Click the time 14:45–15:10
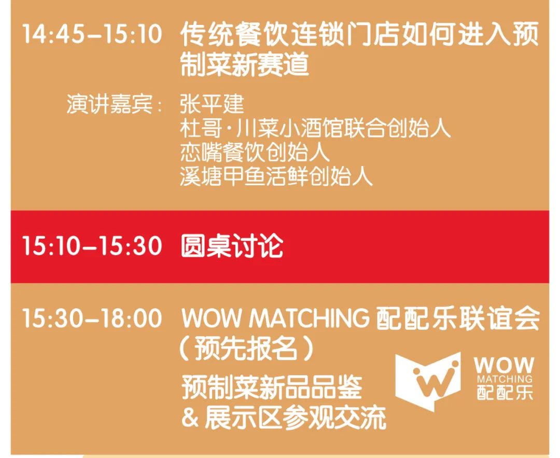tap(92, 34)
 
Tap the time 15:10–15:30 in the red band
tap(92, 246)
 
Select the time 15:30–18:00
tap(92, 318)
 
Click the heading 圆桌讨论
tap(232, 246)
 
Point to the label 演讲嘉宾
tap(109, 104)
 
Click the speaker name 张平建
tap(212, 104)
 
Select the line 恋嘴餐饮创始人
tap(255, 152)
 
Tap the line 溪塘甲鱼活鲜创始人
tap(276, 176)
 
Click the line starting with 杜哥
tap(315, 128)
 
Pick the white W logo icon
tap(428, 381)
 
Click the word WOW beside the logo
tap(504, 366)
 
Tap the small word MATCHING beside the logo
tap(505, 379)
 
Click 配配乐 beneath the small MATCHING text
tap(505, 392)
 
